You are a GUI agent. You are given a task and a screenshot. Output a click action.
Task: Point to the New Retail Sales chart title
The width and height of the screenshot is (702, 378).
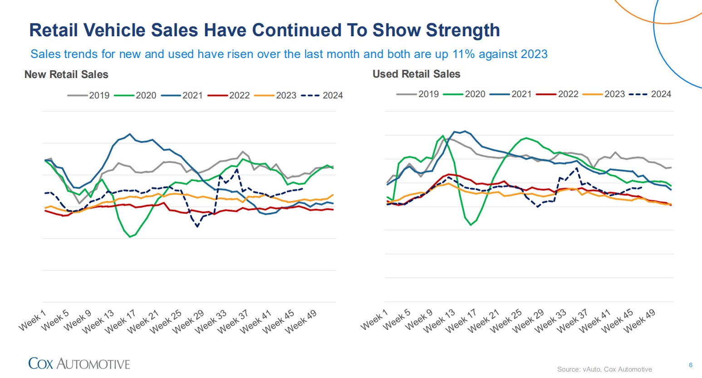click(x=66, y=74)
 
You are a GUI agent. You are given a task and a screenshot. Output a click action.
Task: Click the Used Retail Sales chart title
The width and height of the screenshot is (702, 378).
click(x=416, y=74)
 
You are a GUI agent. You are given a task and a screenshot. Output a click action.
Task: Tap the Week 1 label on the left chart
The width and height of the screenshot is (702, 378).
click(x=33, y=320)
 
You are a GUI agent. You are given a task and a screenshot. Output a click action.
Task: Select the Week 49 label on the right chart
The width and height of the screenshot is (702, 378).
click(x=641, y=321)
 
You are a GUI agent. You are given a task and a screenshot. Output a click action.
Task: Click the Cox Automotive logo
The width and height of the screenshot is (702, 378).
click(x=79, y=363)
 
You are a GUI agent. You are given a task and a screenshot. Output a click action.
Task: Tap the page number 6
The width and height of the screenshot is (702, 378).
click(x=691, y=365)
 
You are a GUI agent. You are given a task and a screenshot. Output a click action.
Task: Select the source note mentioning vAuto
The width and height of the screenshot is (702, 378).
click(x=604, y=369)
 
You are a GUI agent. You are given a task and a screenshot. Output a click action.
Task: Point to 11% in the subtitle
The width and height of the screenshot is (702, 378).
click(x=462, y=54)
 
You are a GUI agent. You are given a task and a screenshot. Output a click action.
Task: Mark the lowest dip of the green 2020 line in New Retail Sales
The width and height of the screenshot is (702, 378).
click(x=130, y=237)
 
